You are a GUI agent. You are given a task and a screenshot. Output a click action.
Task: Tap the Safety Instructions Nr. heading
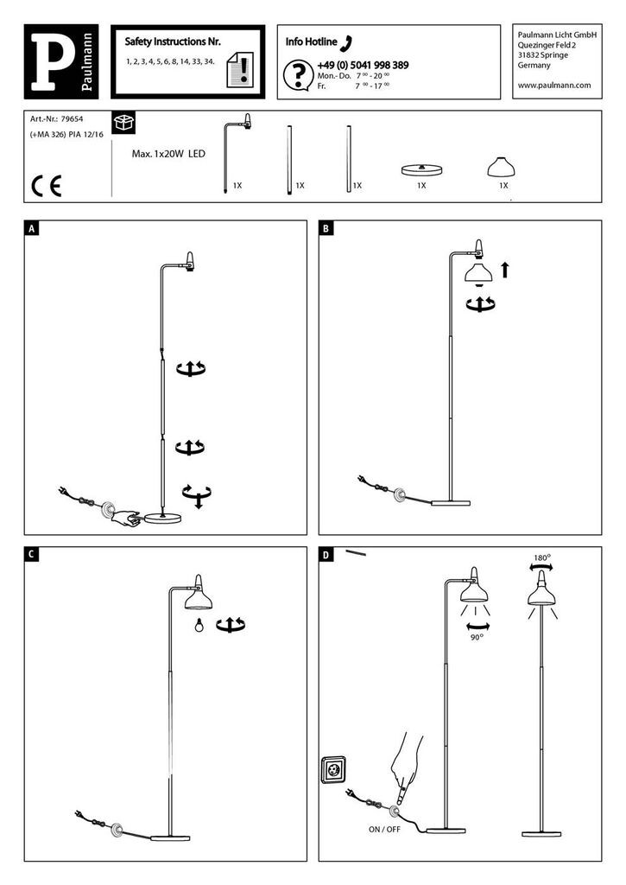coord(173,41)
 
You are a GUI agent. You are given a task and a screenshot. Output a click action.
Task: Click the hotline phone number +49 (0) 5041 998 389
coord(363,66)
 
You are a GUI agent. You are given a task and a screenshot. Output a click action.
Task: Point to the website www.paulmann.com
coord(553,85)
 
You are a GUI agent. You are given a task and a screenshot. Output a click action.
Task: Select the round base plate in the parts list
coord(421,169)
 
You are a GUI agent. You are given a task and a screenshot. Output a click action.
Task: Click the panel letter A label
coord(32,229)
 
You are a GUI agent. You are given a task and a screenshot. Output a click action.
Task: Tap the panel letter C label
coord(32,556)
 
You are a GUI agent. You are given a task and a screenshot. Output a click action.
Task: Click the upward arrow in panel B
coord(504,271)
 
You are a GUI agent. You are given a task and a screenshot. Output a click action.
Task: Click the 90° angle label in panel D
coord(477,637)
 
